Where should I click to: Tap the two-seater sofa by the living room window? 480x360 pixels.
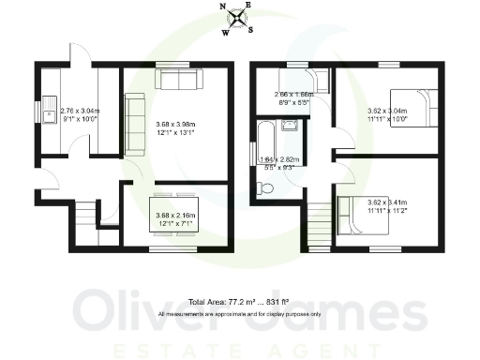176,79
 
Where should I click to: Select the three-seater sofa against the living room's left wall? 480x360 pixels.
133,123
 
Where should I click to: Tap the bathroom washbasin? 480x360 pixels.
292,125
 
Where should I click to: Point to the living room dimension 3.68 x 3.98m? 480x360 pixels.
177,127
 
